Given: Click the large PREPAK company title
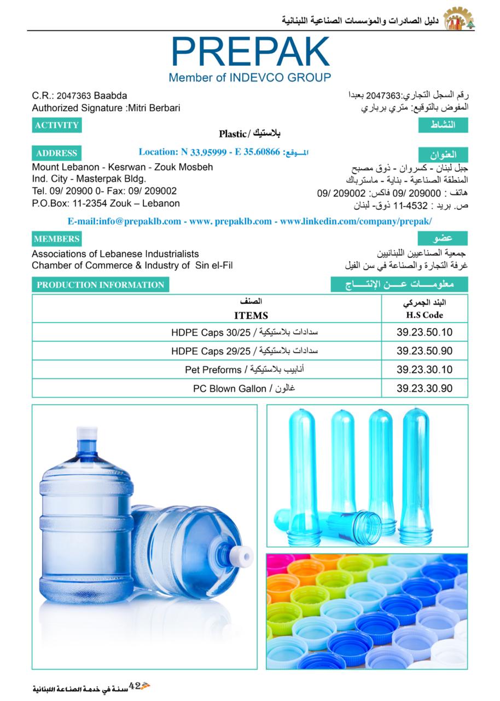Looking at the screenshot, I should click(x=251, y=53).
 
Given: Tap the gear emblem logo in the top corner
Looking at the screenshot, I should click(x=458, y=19).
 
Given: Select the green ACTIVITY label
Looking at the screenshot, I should click(x=57, y=125).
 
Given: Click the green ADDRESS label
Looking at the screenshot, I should click(x=56, y=153).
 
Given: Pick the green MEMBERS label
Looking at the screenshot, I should click(x=56, y=239).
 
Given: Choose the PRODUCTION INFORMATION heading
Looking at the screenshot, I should click(x=101, y=285).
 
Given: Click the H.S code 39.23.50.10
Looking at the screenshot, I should click(x=425, y=332).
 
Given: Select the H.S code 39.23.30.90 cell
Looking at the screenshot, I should click(x=425, y=388).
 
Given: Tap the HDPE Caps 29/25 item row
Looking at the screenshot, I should click(x=245, y=351).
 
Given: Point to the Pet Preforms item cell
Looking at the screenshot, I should click(x=245, y=370).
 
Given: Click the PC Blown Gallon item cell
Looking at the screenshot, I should click(x=245, y=388).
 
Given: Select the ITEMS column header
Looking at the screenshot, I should click(x=251, y=315).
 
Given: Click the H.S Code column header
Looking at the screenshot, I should click(x=425, y=315).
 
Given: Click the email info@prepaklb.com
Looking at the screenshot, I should click(x=124, y=221).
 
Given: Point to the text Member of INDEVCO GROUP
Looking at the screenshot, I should click(x=249, y=78).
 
